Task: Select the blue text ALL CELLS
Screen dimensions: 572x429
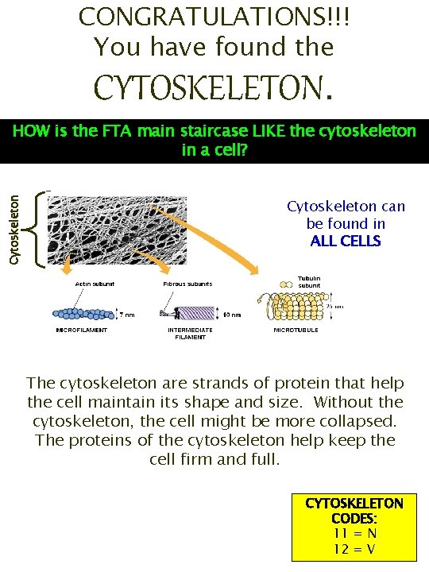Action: (346, 242)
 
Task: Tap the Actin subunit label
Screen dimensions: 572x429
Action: (95, 284)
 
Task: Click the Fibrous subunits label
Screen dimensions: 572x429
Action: (187, 284)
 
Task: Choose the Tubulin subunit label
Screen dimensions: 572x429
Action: (309, 282)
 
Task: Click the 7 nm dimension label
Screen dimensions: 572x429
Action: (126, 314)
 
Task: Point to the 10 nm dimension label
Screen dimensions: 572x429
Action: (232, 315)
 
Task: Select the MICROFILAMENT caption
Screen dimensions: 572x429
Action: (81, 330)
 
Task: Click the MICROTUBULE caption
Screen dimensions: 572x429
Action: (296, 329)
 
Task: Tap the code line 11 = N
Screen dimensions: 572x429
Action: (354, 532)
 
